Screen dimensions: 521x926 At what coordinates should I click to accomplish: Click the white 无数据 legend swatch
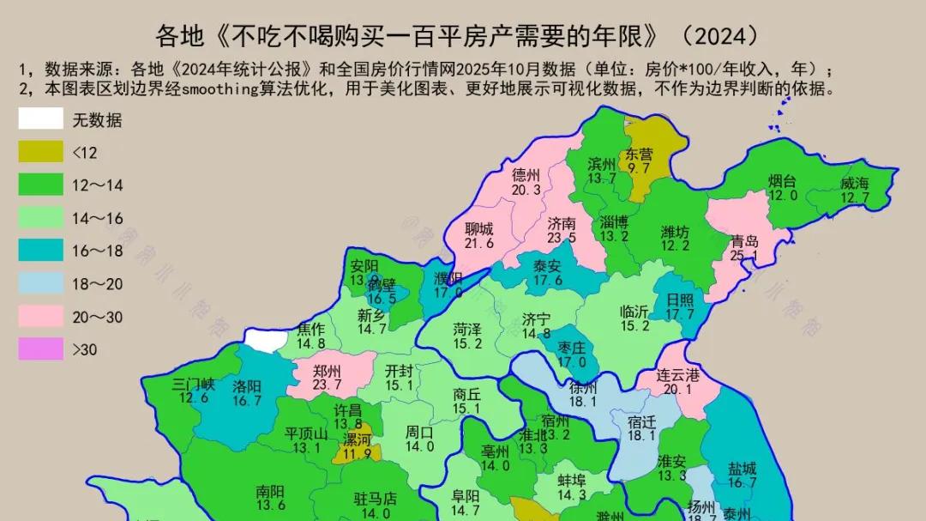point(41,119)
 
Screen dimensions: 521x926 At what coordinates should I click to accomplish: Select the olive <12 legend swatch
point(41,152)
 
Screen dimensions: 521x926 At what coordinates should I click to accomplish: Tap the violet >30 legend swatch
point(41,349)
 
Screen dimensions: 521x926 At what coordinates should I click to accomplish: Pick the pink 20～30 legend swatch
point(41,317)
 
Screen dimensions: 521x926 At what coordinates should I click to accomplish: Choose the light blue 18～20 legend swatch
point(41,284)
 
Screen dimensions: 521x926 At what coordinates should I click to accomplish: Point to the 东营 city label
point(639,154)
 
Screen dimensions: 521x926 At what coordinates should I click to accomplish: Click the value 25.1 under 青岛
point(744,256)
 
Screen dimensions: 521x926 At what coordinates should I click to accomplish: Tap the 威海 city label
point(854,183)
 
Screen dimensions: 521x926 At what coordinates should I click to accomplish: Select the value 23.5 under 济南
point(562,238)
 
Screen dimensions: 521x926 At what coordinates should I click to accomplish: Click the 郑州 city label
point(328,371)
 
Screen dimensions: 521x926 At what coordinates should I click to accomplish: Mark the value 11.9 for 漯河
point(358,452)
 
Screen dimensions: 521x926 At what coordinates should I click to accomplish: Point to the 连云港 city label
point(678,375)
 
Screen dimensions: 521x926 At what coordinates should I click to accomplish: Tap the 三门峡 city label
point(193,384)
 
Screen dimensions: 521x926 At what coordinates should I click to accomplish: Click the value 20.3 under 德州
point(526,190)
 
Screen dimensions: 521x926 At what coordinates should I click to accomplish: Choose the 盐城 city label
point(743,469)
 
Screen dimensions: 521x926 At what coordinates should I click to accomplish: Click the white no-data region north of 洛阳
point(268,342)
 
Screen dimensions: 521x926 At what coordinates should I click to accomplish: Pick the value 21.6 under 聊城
point(479,243)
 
